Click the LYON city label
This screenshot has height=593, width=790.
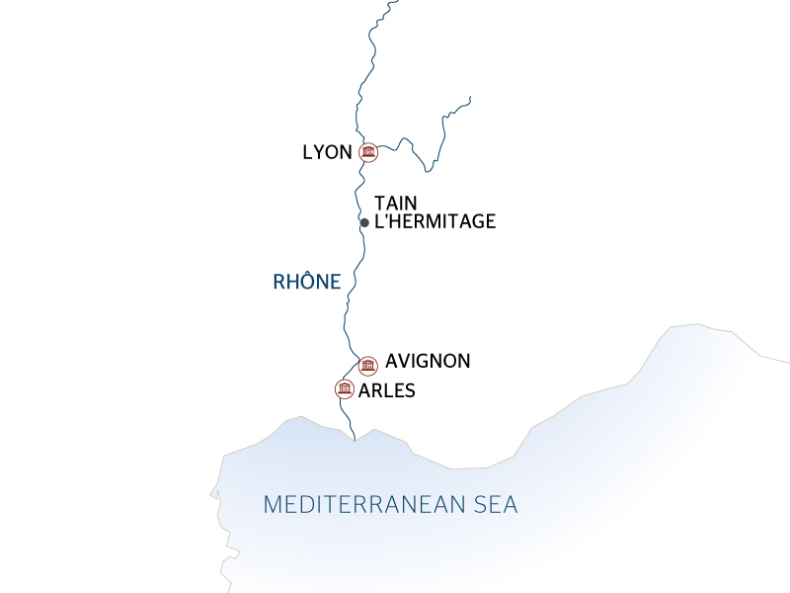327,152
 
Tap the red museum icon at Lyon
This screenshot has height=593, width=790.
368,151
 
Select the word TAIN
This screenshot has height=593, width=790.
396,203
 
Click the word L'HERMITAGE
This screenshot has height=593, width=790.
435,222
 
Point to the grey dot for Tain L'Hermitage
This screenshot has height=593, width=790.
364,222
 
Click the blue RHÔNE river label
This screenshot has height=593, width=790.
307,282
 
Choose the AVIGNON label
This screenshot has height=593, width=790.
428,362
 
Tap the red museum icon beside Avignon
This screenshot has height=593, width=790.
368,365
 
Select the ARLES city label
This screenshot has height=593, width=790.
387,390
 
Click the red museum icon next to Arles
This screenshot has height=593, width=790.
345,388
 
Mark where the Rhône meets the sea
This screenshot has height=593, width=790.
355,440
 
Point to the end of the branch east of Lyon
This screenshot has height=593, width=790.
470,97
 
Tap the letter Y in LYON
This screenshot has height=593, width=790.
319,152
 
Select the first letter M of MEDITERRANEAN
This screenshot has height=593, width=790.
273,505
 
